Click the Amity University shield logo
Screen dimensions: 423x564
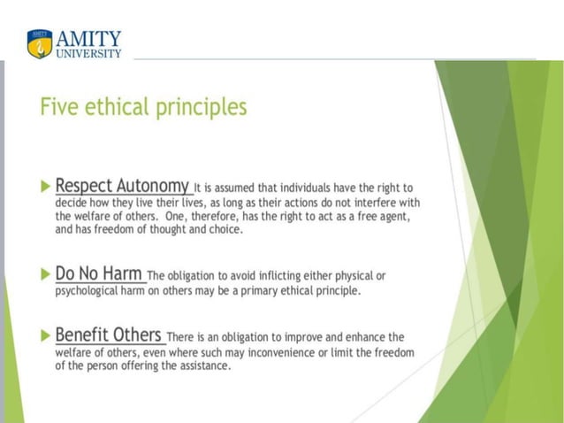40,43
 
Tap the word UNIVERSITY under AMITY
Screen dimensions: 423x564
89,53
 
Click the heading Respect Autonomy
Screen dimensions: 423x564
122,186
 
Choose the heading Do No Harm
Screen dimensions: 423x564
98,273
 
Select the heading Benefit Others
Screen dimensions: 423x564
109,335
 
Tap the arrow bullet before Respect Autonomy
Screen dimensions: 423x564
46,187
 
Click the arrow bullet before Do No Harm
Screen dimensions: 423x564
46,274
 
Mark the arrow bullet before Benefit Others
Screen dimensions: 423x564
46,335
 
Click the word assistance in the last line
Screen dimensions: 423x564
202,365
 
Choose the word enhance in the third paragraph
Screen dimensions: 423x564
360,337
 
